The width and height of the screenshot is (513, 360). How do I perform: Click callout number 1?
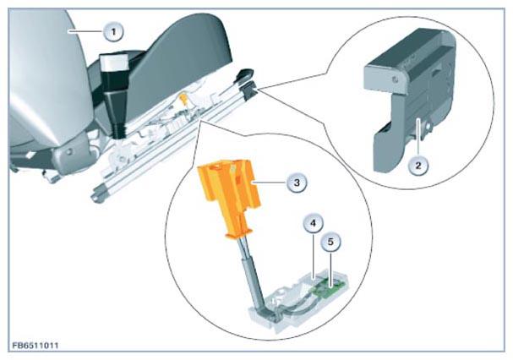click(x=113, y=32)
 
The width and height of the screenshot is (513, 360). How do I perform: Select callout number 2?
click(x=418, y=166)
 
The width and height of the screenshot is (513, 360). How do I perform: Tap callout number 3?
click(x=297, y=183)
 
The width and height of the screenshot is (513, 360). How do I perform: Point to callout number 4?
click(x=313, y=223)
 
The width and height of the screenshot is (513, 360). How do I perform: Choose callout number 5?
click(x=330, y=243)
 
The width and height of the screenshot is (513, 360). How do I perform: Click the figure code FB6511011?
click(x=35, y=346)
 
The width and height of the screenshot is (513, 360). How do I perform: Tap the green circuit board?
click(x=328, y=288)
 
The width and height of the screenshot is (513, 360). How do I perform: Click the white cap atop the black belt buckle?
click(x=114, y=63)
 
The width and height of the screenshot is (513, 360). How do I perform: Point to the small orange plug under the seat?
click(x=183, y=99)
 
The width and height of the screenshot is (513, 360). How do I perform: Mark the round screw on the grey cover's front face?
click(x=395, y=79)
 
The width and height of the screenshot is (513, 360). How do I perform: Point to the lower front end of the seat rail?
click(x=96, y=197)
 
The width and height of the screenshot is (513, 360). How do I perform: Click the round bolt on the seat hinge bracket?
click(x=69, y=152)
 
